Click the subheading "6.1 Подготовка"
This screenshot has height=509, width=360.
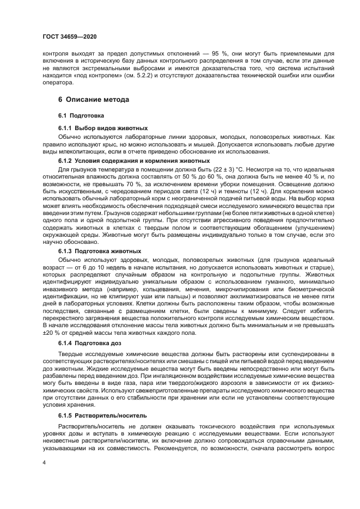(81, 116)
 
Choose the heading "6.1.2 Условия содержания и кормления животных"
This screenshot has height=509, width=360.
(134, 161)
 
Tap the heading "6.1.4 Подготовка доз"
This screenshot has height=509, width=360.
(90, 344)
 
